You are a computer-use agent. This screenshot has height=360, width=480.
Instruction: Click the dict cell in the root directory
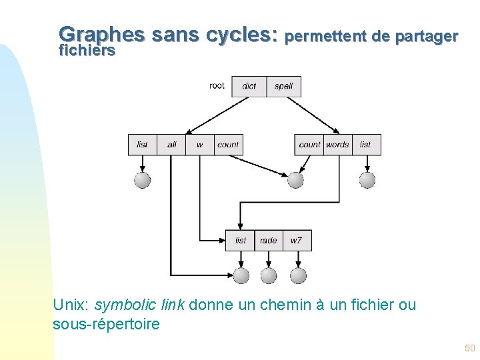(x=249, y=86)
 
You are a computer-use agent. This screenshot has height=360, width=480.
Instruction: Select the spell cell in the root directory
(x=284, y=86)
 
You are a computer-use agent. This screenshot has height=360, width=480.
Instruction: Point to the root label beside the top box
(x=217, y=85)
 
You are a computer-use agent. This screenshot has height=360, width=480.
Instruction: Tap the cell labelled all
(x=172, y=145)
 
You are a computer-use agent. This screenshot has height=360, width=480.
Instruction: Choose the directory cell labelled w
(x=200, y=145)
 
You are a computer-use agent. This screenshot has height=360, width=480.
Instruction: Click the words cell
(x=337, y=145)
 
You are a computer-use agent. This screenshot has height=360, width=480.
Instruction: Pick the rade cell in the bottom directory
(x=269, y=241)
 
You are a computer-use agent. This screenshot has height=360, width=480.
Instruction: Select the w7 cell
(x=297, y=241)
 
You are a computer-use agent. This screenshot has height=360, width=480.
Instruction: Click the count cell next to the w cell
(x=228, y=145)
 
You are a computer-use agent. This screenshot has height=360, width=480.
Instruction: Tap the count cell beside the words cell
(x=309, y=145)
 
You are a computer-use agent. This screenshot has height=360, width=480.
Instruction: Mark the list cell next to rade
(x=241, y=241)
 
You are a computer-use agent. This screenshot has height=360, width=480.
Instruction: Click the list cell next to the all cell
(x=143, y=145)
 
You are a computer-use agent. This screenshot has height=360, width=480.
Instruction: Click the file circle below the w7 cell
(x=298, y=275)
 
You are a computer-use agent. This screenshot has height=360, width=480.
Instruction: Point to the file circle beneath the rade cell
(x=269, y=275)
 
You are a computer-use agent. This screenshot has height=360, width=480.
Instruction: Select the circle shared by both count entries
(x=295, y=180)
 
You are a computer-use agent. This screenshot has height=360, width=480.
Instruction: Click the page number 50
(x=469, y=348)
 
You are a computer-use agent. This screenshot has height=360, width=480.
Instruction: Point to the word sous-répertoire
(x=106, y=325)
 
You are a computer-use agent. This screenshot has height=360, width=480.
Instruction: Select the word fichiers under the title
(x=87, y=51)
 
